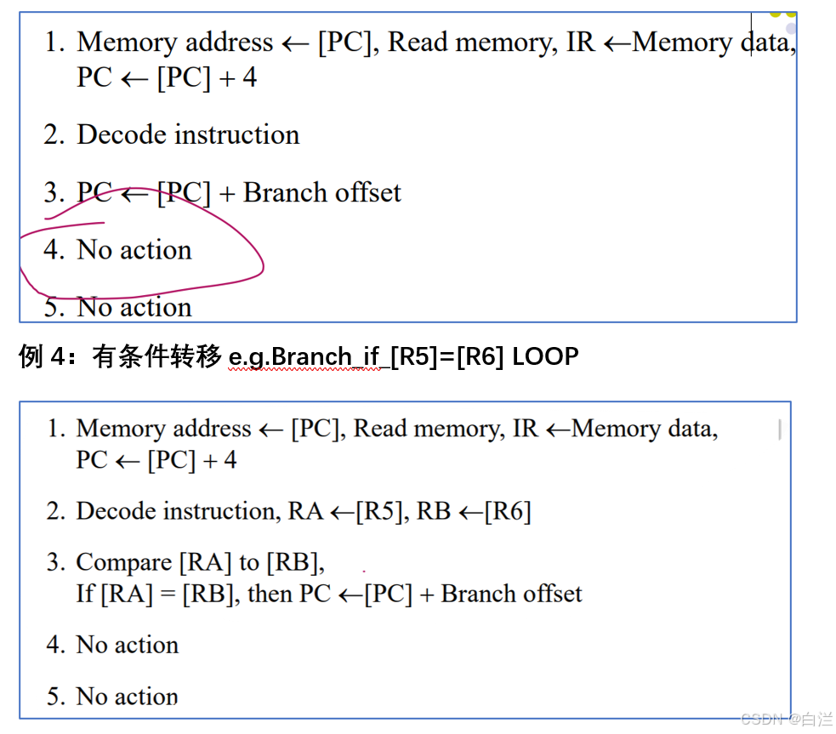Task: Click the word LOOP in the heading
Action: click(545, 356)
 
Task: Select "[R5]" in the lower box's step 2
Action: click(378, 511)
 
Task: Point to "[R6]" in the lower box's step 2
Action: click(508, 511)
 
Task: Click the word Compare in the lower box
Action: click(124, 562)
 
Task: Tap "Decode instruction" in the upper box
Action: click(188, 134)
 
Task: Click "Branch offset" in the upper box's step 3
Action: click(321, 192)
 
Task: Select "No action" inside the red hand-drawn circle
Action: click(134, 250)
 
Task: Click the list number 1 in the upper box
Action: click(54, 42)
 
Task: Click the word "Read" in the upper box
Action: click(418, 42)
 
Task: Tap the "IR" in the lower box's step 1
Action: click(526, 429)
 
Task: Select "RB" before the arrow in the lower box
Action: click(433, 511)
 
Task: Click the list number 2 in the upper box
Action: click(54, 134)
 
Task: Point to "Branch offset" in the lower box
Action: click(511, 593)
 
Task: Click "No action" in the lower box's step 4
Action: click(128, 645)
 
